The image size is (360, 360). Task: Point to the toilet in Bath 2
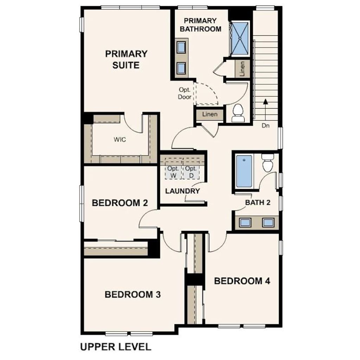click(x=268, y=162)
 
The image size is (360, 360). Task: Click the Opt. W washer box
click(x=174, y=172)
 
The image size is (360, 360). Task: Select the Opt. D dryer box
click(x=191, y=172)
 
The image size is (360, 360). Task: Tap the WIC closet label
click(x=120, y=140)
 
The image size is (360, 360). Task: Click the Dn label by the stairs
click(x=265, y=126)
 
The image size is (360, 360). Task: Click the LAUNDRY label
click(x=182, y=191)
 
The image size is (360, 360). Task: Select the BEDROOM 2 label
click(x=120, y=203)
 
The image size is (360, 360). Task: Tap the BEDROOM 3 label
click(x=133, y=294)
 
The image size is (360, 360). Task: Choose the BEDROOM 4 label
click(x=242, y=281)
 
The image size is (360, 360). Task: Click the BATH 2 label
click(x=258, y=202)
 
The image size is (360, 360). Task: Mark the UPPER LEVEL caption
click(x=116, y=347)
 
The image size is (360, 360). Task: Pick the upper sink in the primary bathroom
click(x=181, y=47)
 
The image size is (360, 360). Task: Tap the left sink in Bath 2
click(x=245, y=222)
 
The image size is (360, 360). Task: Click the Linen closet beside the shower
click(x=242, y=69)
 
